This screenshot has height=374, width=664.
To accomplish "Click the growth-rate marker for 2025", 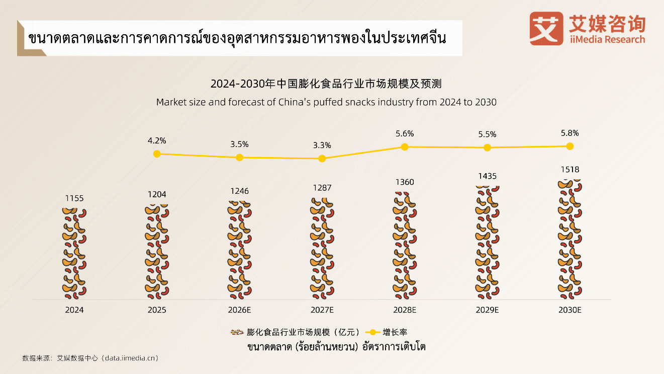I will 157,154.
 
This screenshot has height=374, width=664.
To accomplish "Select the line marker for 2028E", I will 404,147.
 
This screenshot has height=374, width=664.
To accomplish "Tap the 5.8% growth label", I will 570,133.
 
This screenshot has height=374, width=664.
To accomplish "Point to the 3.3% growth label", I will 322,145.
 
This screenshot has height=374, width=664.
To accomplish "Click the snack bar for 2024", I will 74,253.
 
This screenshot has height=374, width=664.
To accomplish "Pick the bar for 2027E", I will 322,248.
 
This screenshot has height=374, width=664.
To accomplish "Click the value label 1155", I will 74,198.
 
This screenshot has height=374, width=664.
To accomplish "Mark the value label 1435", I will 487,176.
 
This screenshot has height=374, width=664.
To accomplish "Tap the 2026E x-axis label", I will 239,310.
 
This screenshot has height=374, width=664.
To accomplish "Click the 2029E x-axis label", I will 487,310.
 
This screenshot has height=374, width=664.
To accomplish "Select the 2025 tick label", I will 157,310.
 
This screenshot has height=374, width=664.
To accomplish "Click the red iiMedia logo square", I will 546,29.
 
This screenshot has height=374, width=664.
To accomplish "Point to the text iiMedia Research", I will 607,39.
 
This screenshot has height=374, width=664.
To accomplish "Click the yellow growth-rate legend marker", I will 372,332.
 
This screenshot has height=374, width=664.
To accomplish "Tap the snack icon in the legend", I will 237,332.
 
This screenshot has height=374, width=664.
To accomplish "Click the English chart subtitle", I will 326,102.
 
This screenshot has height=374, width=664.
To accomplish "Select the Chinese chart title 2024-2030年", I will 326,84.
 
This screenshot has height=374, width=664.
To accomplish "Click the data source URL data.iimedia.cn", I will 130,358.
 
